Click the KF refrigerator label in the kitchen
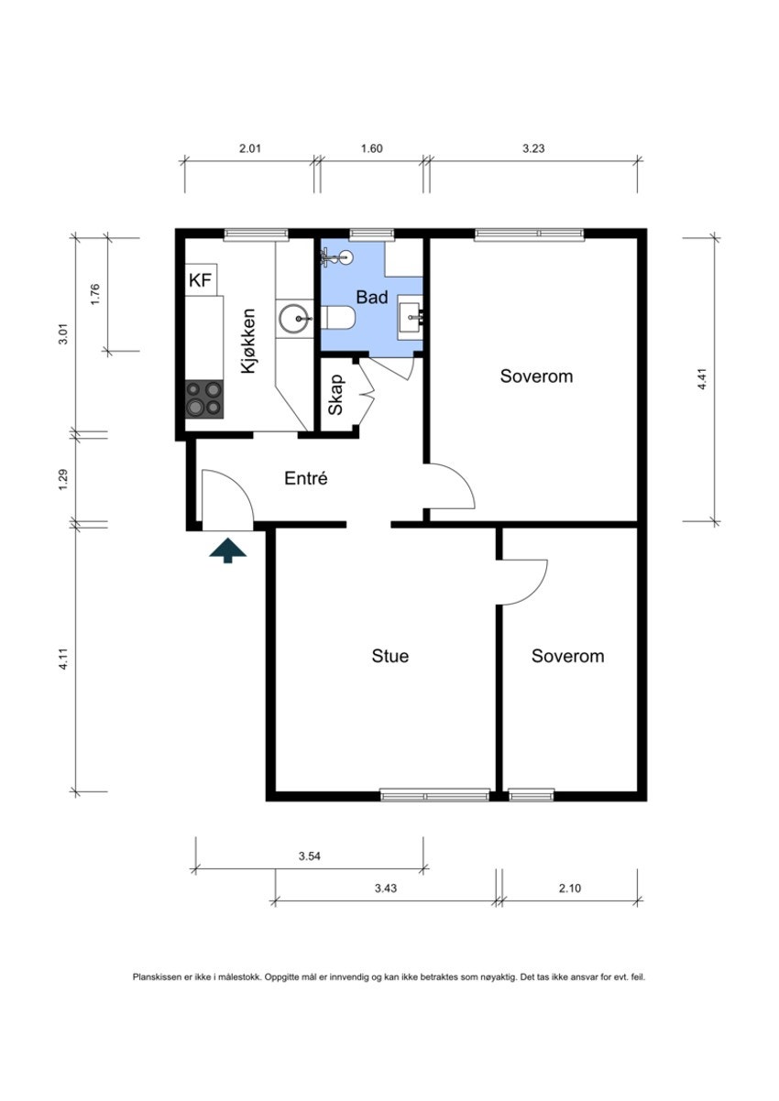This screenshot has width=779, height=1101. coord(200,280)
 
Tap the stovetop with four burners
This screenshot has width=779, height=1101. coord(204,399)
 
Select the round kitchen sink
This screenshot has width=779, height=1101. coord(293,319)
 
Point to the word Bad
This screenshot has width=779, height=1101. coord(372,298)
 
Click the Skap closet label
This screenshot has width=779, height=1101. coord(335,395)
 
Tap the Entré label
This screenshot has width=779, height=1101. coord(306,478)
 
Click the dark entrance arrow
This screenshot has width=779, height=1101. coord(227,550)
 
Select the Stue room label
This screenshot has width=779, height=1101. coord(390,656)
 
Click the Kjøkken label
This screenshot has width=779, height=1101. coord(248,341)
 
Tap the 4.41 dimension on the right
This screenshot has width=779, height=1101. coord(702,379)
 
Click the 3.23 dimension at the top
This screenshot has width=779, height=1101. coord(533,148)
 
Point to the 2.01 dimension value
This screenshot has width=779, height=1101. coord(250,148)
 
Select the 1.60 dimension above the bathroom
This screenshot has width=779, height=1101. coord(372,148)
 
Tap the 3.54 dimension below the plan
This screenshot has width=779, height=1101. coord(310,856)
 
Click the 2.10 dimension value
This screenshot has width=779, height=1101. coord(570,888)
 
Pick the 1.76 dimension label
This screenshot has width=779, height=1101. coord(95,294)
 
